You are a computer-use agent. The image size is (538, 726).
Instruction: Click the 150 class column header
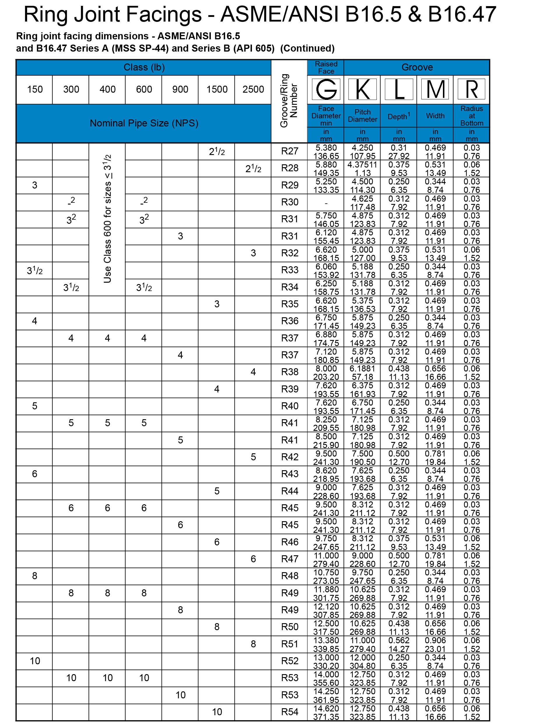click(34, 89)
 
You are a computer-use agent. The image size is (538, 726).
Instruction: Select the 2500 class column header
click(253, 89)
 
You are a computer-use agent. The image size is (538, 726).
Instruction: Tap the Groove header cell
click(417, 67)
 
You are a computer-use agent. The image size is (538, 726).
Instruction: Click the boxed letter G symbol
click(326, 89)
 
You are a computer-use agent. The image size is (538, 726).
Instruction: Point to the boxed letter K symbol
click(362, 89)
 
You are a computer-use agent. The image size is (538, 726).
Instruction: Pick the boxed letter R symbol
click(471, 89)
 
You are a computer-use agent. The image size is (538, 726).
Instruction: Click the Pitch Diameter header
click(362, 116)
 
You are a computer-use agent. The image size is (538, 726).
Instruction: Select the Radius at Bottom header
click(471, 116)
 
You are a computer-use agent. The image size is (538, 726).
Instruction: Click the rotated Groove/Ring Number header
click(289, 101)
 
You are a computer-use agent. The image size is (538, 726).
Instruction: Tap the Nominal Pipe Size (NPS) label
click(144, 123)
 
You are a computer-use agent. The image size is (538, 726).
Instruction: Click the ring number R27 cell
click(290, 151)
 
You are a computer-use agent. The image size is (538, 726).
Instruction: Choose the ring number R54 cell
click(290, 712)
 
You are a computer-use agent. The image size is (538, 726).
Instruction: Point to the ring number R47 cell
click(290, 559)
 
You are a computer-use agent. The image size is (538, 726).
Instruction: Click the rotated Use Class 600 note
click(108, 219)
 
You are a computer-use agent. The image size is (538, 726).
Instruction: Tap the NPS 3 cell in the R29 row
click(34, 185)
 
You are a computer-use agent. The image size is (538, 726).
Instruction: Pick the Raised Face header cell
click(326, 67)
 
